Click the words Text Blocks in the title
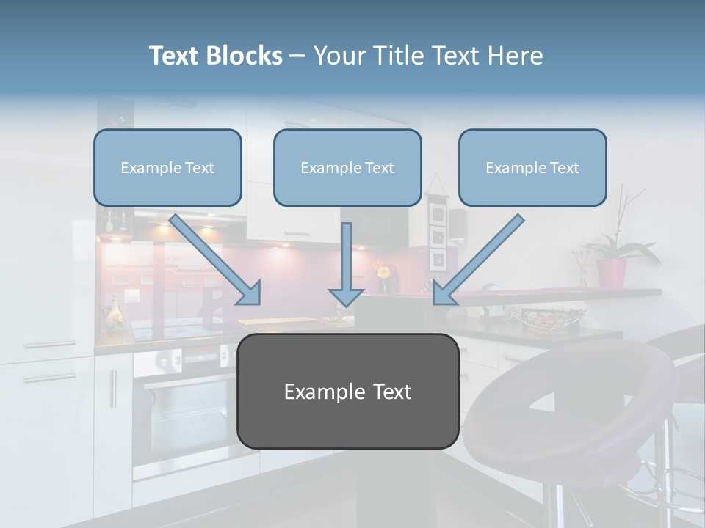(215, 56)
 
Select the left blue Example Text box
(167, 168)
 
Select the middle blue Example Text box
(347, 168)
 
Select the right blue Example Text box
(532, 168)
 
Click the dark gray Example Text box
(347, 392)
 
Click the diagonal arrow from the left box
(217, 260)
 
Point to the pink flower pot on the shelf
(611, 273)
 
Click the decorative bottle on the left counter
(115, 315)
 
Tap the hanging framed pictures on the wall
(438, 235)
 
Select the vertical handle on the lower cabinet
(113, 389)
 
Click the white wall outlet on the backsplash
(131, 297)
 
